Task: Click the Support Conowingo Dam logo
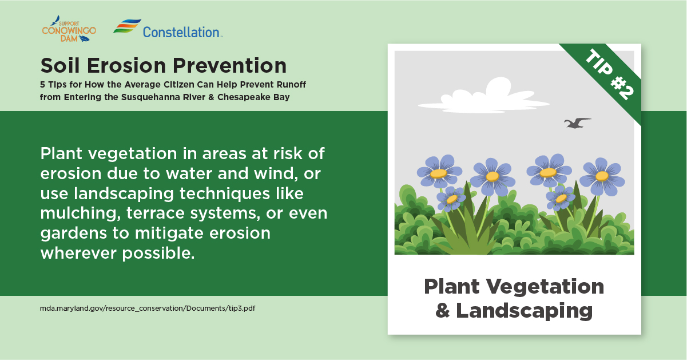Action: coord(69,29)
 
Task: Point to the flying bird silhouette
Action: coord(577,122)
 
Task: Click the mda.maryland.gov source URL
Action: coord(147,308)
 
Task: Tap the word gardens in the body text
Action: coord(74,234)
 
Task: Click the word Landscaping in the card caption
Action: coord(524,311)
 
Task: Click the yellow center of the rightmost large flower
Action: coord(602,176)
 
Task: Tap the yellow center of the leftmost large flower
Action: coord(439,173)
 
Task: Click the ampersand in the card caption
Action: coord(442,310)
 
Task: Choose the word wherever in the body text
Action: coord(78,253)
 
